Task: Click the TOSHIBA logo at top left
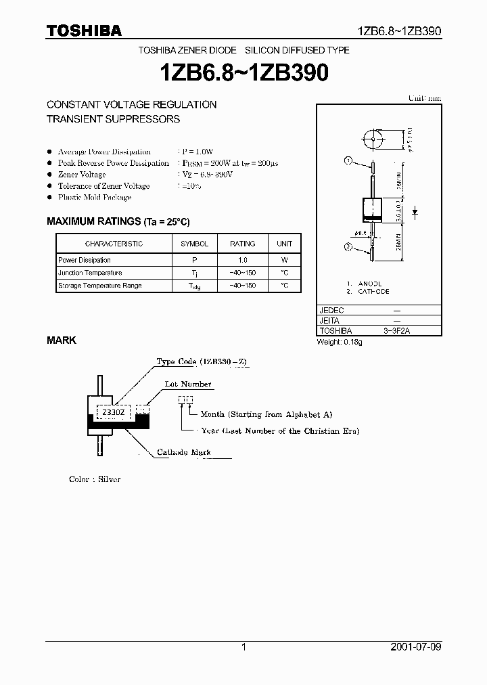[84, 30]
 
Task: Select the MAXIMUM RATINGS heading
[118, 221]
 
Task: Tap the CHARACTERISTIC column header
[114, 244]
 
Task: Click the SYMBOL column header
[194, 244]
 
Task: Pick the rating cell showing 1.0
[243, 260]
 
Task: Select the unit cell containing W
[285, 260]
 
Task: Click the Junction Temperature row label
[90, 273]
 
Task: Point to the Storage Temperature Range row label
[100, 286]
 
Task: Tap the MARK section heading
[62, 340]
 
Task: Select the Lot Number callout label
[188, 384]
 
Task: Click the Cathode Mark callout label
[183, 452]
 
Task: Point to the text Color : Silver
[95, 479]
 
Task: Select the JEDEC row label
[331, 310]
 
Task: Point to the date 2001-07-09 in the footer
[416, 647]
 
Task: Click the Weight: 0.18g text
[340, 342]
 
